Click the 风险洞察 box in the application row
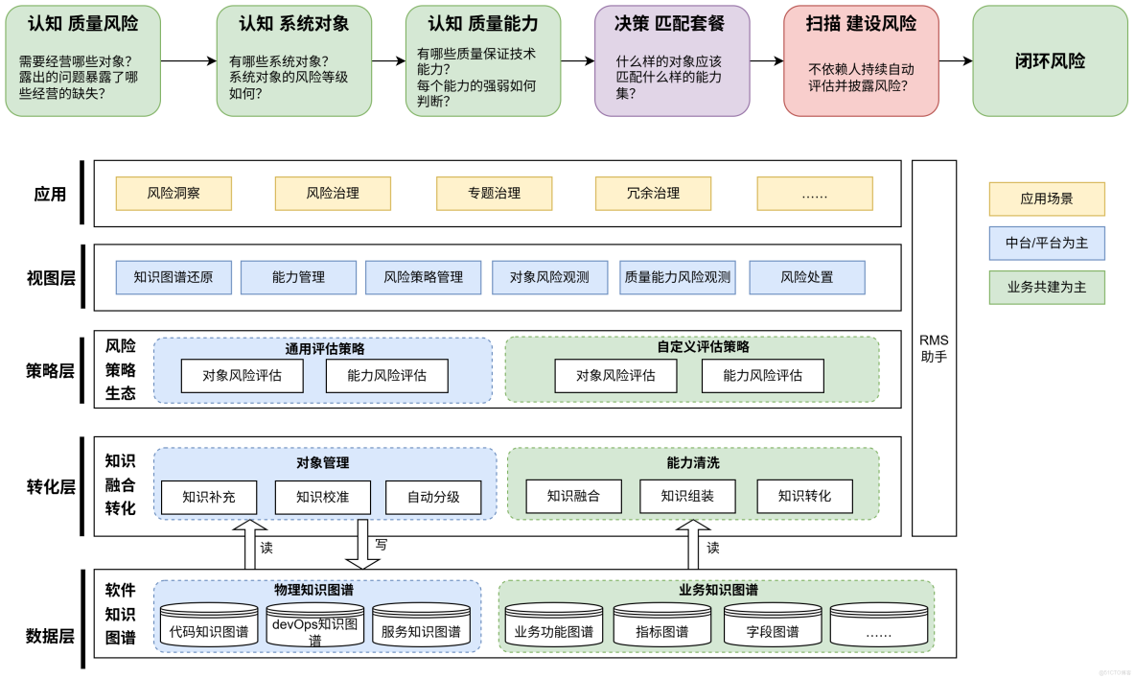coord(174,193)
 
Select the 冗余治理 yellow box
coord(653,193)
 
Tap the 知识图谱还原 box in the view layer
coord(174,277)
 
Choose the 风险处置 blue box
coord(806,277)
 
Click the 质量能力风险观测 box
coord(677,277)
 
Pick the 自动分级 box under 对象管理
coord(432,497)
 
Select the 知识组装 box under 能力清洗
coord(686,496)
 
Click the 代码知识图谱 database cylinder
coord(208,629)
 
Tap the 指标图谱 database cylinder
coord(662,629)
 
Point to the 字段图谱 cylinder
coord(772,629)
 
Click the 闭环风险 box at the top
coord(1050,61)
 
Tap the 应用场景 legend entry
coord(1046,199)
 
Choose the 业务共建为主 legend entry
coord(1046,288)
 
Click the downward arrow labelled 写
coord(362,545)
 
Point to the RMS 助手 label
coord(933,348)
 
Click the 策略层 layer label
coord(50,370)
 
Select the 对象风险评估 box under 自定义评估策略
coord(615,376)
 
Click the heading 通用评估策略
coord(324,348)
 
